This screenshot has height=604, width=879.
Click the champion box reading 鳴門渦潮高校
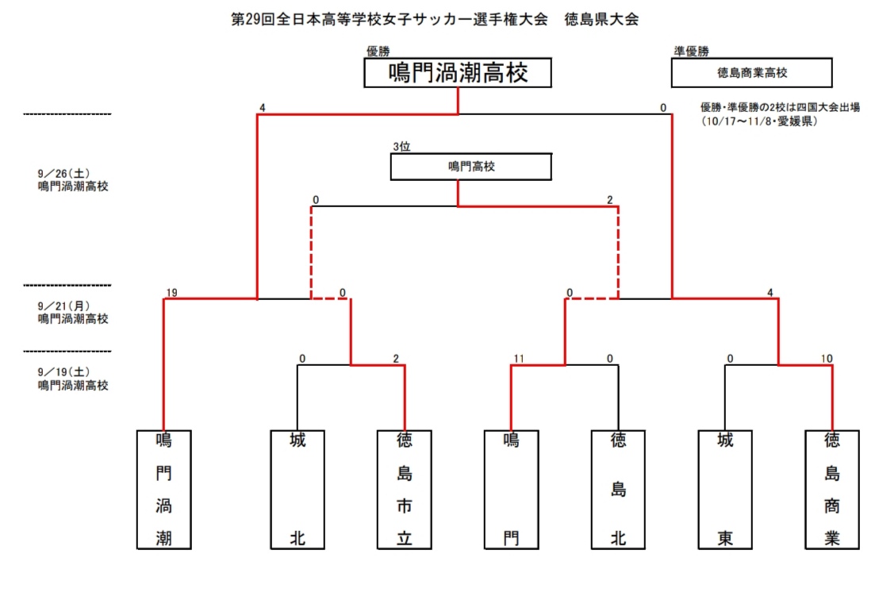[458, 74]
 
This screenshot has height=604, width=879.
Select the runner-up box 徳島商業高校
[751, 72]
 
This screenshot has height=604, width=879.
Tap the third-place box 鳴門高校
[470, 167]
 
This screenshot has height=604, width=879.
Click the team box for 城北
[297, 489]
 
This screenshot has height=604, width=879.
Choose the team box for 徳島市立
[404, 489]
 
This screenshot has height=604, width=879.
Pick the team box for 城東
[725, 489]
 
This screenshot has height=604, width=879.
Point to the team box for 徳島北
[618, 489]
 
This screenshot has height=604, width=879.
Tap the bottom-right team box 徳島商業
[831, 489]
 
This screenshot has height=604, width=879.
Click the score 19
[171, 293]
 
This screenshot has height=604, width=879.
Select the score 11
[519, 359]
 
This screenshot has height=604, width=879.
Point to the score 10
[827, 359]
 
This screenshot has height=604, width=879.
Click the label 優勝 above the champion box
[378, 51]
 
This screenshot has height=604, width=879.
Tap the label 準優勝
[690, 51]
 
